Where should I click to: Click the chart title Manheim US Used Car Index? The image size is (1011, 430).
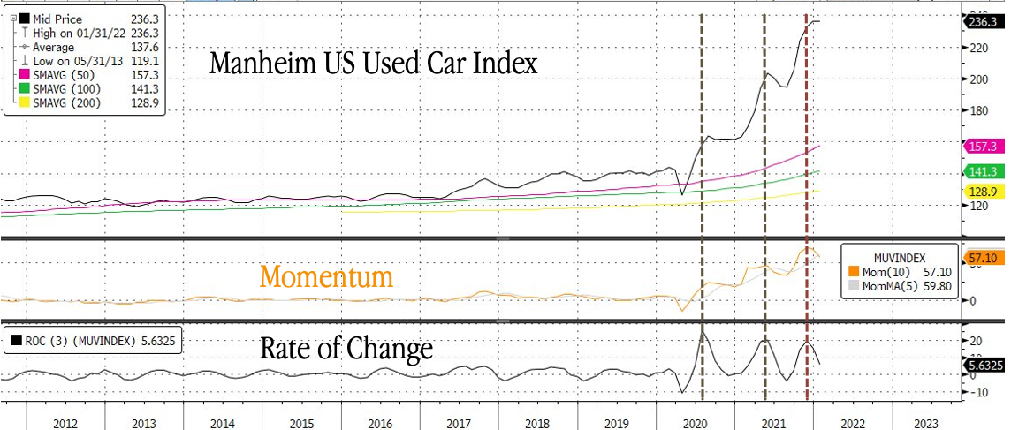point(373,64)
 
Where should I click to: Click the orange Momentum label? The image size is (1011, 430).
point(326,277)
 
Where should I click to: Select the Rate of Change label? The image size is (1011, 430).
point(346,348)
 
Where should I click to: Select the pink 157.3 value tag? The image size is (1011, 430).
point(983,146)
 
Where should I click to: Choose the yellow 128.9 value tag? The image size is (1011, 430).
point(983,192)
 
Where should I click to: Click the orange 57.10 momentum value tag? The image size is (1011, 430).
point(983,258)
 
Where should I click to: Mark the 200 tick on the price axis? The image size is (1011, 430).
point(975,79)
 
